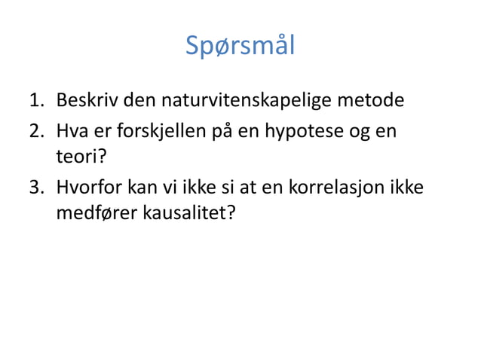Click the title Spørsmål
[x=240, y=47]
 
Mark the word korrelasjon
[x=339, y=187]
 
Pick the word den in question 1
[x=132, y=101]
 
